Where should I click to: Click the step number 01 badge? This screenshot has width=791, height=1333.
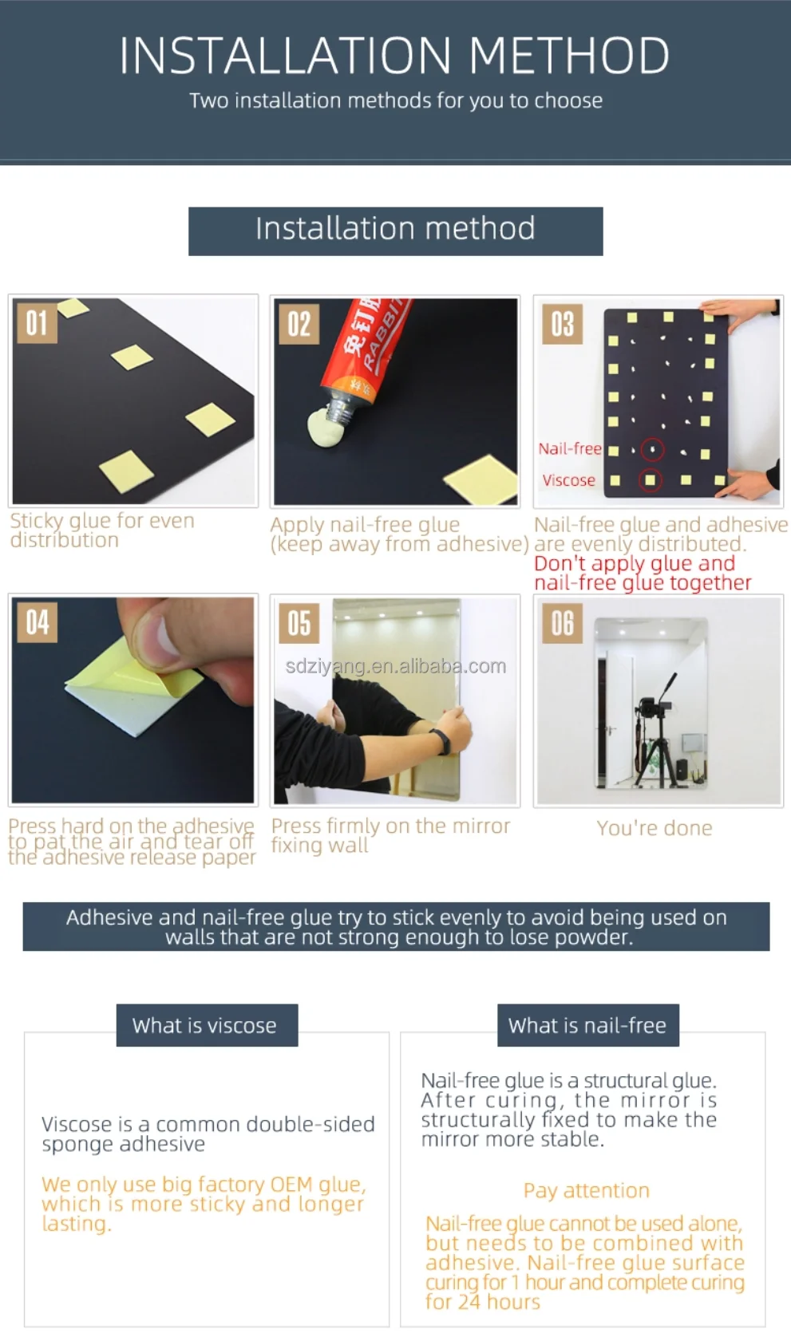click(37, 323)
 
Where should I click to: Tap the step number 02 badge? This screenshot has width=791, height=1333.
click(299, 324)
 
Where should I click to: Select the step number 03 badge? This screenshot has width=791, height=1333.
click(562, 324)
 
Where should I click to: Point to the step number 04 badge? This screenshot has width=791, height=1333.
click(37, 622)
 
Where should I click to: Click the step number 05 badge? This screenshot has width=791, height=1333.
click(299, 623)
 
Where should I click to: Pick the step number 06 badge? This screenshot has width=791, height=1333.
click(562, 623)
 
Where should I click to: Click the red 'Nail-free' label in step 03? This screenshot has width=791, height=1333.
click(570, 448)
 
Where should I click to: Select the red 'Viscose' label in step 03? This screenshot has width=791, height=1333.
click(569, 480)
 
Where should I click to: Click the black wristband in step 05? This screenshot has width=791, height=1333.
click(443, 742)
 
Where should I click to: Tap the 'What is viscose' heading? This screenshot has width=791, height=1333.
click(204, 1025)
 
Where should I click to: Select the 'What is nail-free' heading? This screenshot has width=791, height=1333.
click(587, 1025)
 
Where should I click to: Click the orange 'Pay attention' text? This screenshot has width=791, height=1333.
click(587, 1190)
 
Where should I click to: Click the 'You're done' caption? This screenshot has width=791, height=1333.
click(655, 828)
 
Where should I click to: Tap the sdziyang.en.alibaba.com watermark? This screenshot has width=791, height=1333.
click(396, 666)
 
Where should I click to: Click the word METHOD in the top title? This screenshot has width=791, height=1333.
click(569, 55)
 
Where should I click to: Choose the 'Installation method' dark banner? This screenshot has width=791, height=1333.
click(396, 231)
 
